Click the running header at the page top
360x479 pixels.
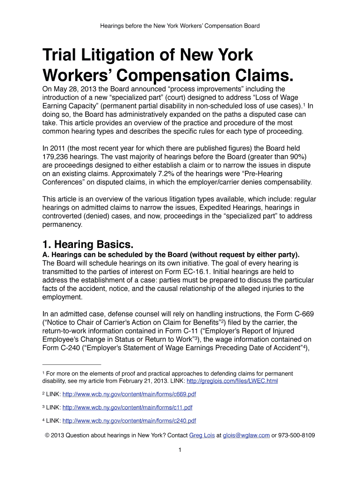point(180,26)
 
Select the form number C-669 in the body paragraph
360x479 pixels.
point(302,313)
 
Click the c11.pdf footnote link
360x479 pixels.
point(127,407)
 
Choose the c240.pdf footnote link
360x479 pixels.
point(129,421)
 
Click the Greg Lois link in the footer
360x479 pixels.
point(202,435)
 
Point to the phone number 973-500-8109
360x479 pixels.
point(296,435)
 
